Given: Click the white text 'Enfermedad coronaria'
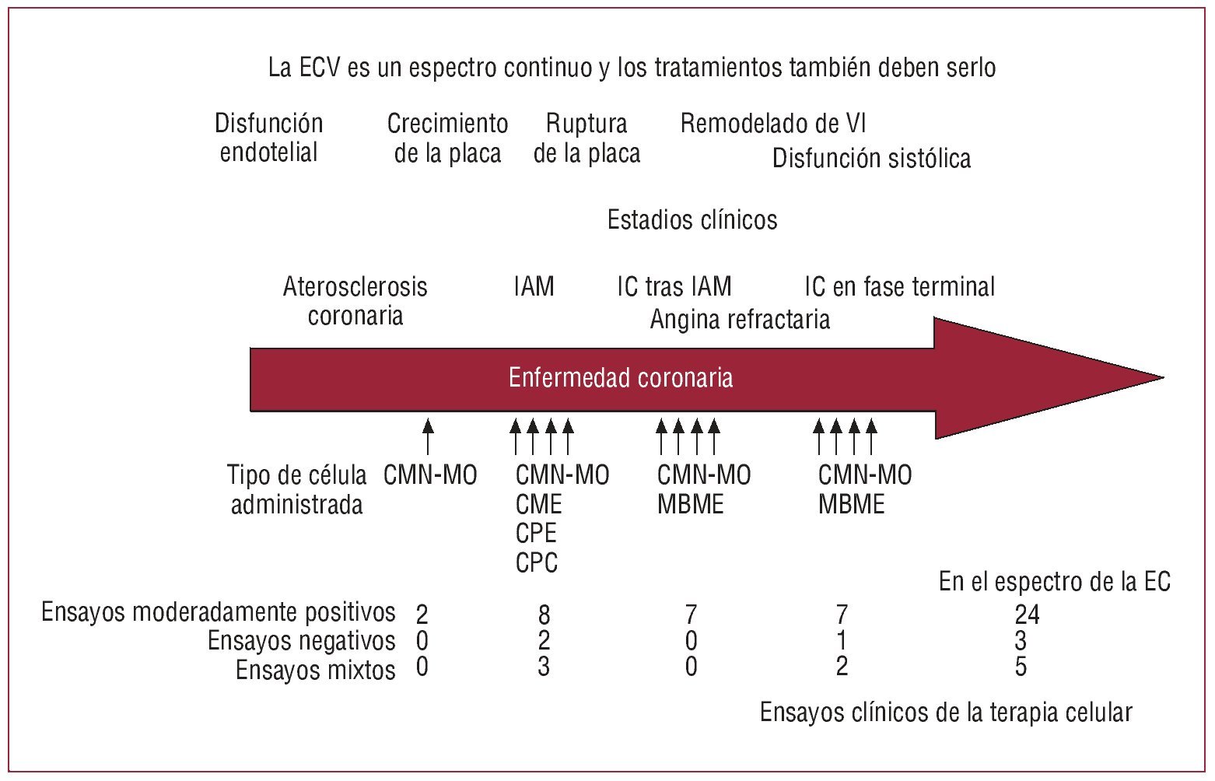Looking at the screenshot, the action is [x=620, y=378].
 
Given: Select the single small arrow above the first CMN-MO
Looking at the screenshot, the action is [x=427, y=436].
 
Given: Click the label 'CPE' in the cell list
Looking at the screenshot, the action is [x=536, y=534].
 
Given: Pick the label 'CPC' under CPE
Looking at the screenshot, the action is [x=537, y=562].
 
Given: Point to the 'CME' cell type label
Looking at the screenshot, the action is [x=538, y=505].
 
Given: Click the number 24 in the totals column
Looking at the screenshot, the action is [x=1027, y=615].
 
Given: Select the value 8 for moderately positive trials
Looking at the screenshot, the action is [x=544, y=615].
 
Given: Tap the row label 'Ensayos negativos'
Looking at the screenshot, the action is [x=301, y=641].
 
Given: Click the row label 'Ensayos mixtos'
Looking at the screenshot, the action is [x=315, y=670].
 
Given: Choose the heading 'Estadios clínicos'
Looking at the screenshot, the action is [x=692, y=220].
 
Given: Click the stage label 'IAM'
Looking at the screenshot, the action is [x=534, y=286].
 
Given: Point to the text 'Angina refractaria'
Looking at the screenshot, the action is [x=740, y=319].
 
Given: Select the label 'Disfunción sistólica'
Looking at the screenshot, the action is [x=871, y=159].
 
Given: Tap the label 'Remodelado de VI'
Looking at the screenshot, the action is [x=772, y=123].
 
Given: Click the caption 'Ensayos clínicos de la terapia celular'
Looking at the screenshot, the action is [x=945, y=712].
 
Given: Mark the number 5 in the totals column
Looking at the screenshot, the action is [x=1021, y=667].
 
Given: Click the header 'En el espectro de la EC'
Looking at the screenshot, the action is [x=1054, y=582].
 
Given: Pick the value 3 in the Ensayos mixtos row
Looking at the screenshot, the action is [x=544, y=667].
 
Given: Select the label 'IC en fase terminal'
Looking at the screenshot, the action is [x=899, y=287].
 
